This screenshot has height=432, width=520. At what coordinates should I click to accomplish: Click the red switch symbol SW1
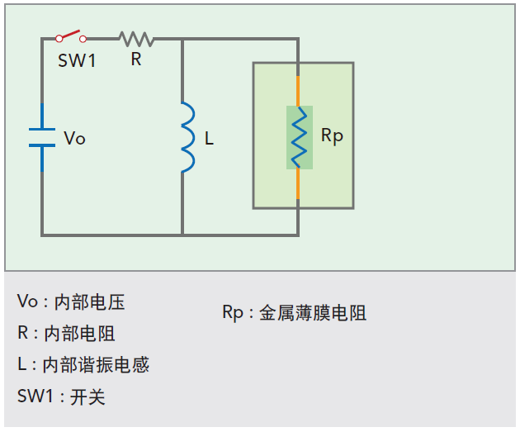[x=71, y=36]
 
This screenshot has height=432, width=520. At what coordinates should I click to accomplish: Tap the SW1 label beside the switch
[x=77, y=60]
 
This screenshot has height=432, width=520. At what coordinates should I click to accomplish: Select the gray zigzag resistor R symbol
[x=136, y=38]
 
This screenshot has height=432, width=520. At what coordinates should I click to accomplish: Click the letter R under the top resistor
[x=136, y=59]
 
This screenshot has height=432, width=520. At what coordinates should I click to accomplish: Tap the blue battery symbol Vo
[x=42, y=137]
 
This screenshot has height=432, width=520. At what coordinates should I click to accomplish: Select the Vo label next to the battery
[x=74, y=138]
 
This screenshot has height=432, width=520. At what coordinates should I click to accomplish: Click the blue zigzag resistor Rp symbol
[x=299, y=136]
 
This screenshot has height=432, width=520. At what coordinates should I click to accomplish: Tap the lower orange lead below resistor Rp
[x=299, y=183]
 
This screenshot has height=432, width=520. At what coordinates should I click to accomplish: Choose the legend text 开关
[x=87, y=396]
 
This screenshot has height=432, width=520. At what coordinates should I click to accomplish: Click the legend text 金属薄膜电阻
[x=312, y=313]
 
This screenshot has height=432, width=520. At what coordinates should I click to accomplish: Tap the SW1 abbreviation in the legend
[x=36, y=396]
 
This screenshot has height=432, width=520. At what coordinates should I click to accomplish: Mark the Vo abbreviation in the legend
[x=27, y=302]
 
